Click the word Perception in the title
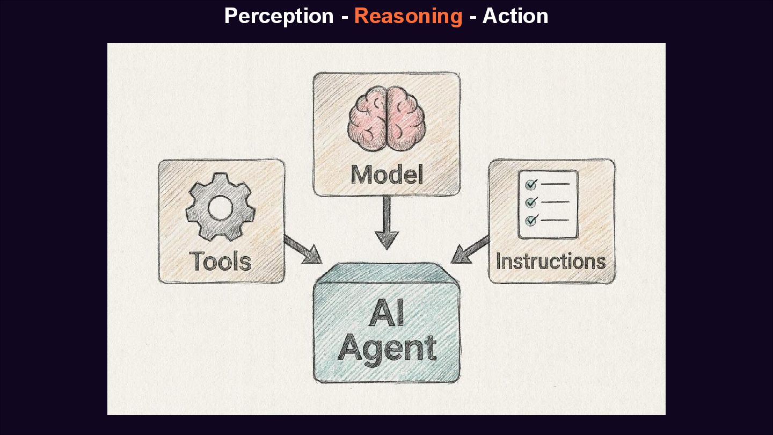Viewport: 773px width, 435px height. click(x=279, y=16)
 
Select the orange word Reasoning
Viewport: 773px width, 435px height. click(x=408, y=16)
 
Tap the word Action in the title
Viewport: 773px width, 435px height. click(x=515, y=16)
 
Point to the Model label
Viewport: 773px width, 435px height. click(x=386, y=175)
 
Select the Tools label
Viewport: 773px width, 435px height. click(x=221, y=262)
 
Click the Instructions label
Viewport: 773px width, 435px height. click(x=551, y=262)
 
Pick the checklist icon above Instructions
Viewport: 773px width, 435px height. click(x=548, y=204)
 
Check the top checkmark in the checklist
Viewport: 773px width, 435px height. click(x=531, y=185)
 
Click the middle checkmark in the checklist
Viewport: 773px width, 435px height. click(x=531, y=202)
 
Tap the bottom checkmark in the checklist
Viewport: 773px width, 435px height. click(x=531, y=220)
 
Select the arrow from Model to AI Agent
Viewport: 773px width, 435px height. click(x=386, y=223)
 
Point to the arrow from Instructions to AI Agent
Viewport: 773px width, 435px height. click(x=470, y=250)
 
